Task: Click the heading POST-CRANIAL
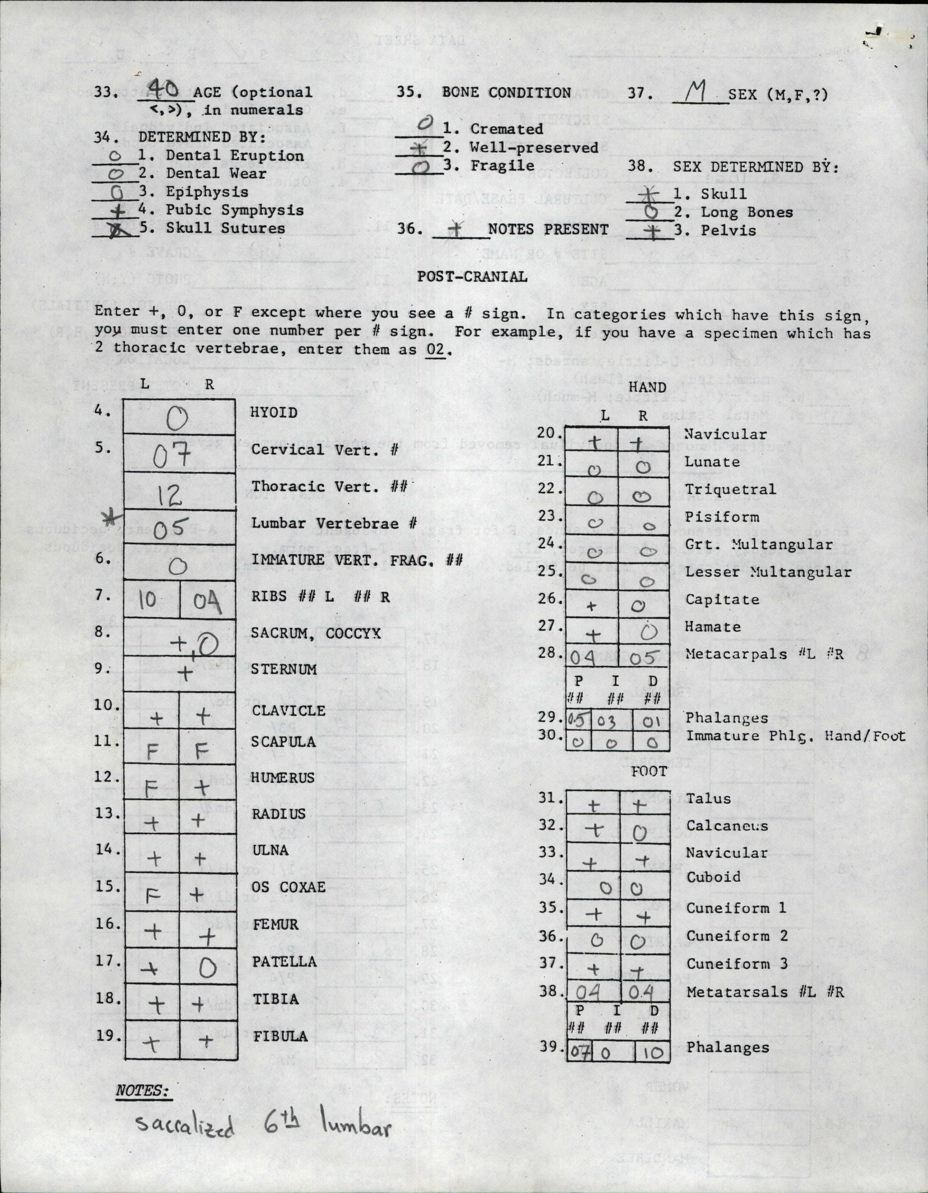click(472, 276)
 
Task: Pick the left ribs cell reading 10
click(147, 600)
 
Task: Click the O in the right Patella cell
click(208, 969)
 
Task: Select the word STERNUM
click(284, 669)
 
